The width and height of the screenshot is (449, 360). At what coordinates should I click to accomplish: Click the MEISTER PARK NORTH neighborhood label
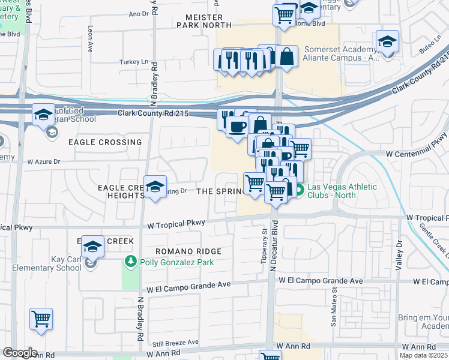pos(204,21)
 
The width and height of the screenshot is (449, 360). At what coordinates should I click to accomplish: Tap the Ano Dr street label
pos(138,13)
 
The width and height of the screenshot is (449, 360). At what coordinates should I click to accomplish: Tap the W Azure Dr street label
pos(44,162)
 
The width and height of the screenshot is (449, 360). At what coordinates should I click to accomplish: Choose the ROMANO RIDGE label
pos(188,251)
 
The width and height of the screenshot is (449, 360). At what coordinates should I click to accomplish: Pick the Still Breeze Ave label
pos(175,342)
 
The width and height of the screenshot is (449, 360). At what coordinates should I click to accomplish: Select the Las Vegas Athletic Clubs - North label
pos(342,191)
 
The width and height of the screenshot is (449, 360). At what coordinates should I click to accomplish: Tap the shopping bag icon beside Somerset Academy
pos(287,56)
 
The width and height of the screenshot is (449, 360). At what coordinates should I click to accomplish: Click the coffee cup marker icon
pos(237,127)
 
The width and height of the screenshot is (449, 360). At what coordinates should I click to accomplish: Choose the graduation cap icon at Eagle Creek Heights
pos(155,187)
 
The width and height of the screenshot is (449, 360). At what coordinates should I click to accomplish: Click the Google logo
pos(20,353)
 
